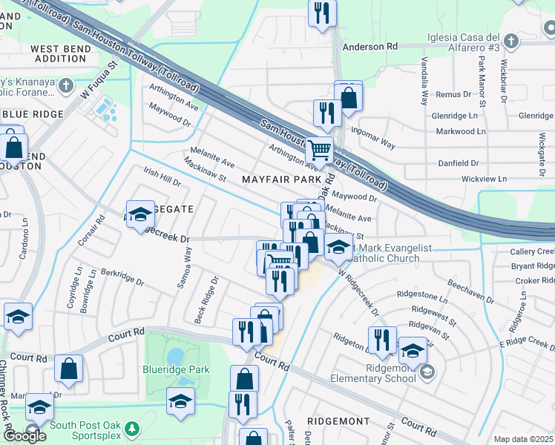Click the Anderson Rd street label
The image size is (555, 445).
(x=370, y=47)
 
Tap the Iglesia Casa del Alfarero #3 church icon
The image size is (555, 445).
(x=510, y=40)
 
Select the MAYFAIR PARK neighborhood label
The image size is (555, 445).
(x=281, y=179)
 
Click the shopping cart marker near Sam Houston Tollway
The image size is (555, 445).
(x=319, y=150)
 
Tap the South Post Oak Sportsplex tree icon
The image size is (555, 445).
(x=131, y=428)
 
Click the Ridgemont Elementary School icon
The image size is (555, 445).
(x=426, y=372)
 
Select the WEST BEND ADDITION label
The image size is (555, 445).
(x=61, y=53)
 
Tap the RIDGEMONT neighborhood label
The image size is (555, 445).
(x=338, y=421)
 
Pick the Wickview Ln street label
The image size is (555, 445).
(x=483, y=179)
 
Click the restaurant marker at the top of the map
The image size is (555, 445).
(x=322, y=13)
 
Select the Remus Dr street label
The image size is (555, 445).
(x=453, y=94)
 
